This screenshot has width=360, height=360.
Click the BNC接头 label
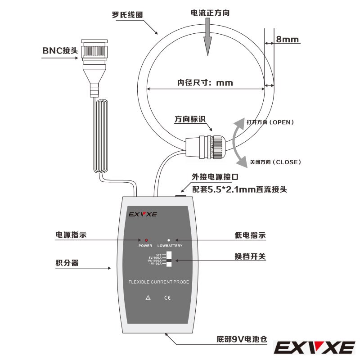(x=60, y=50)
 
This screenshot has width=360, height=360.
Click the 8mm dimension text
(x=288, y=40)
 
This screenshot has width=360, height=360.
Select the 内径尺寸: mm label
(x=205, y=83)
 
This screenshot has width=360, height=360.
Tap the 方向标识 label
(x=190, y=120)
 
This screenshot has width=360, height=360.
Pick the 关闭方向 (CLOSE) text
(x=275, y=162)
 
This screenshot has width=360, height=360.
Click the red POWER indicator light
(x=146, y=240)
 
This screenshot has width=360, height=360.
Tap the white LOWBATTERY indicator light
(x=169, y=240)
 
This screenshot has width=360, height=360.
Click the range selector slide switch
(x=169, y=260)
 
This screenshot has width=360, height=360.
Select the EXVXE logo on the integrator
(x=143, y=214)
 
